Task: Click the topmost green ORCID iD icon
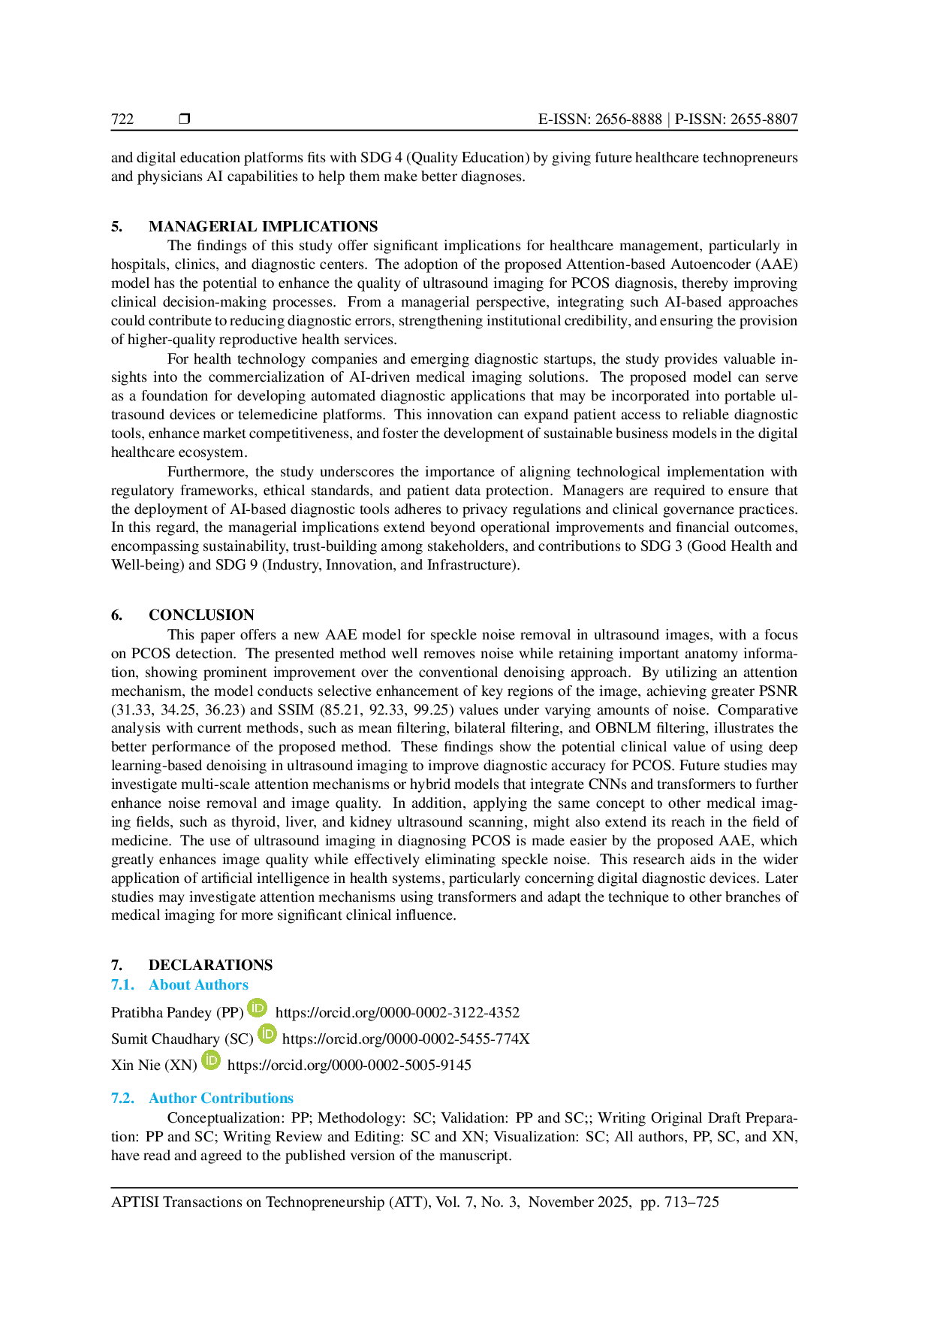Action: point(258,1008)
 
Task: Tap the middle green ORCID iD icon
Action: point(268,1034)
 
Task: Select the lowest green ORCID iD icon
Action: point(211,1060)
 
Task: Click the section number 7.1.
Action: point(123,984)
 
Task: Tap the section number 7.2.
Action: point(123,1098)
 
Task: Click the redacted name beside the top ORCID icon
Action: point(176,1011)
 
